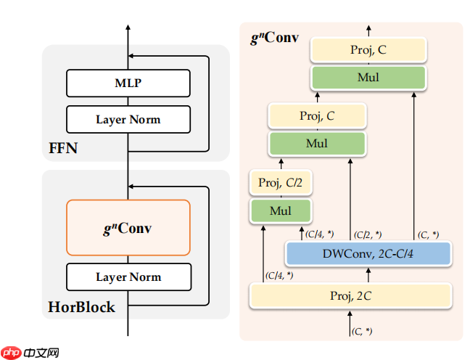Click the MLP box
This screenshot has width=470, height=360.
(128, 83)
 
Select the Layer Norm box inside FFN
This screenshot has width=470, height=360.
(128, 119)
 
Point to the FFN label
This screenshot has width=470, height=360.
(63, 150)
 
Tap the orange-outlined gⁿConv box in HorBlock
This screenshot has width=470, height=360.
(128, 227)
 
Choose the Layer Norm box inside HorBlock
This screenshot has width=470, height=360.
(128, 277)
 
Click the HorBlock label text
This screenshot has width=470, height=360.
(81, 307)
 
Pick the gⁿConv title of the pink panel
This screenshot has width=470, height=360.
(274, 38)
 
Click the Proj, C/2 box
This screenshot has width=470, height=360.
(281, 183)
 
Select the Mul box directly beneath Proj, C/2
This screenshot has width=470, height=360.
(281, 211)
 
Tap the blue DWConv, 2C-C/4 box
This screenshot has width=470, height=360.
(368, 253)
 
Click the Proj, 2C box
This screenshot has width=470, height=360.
(351, 296)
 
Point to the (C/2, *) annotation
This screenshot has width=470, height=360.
(368, 234)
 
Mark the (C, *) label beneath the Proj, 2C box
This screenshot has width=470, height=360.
(362, 331)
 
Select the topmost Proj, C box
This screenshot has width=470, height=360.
(368, 49)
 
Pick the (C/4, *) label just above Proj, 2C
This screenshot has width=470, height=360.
(279, 275)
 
